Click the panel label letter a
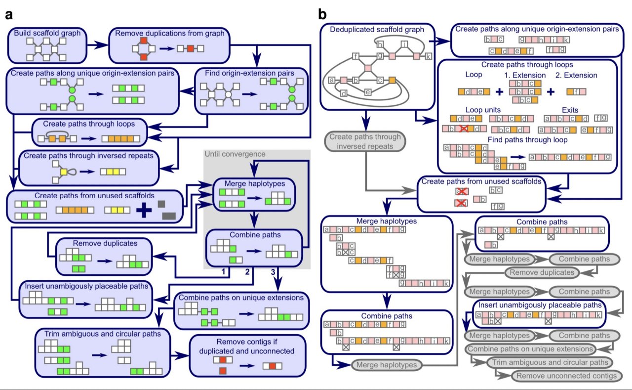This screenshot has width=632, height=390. point(9,15)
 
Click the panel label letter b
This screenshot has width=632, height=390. point(322,15)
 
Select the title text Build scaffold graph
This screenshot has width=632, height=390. point(47,34)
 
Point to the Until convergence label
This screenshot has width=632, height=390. point(235,154)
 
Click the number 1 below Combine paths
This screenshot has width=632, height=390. point(223,272)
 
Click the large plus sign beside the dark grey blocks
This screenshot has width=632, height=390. point(144,210)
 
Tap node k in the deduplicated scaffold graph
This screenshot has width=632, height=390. point(428,56)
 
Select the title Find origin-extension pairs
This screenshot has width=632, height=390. point(252,74)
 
